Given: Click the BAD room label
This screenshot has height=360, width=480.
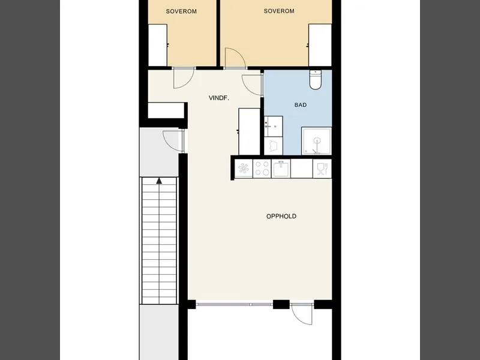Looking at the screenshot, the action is point(301,105).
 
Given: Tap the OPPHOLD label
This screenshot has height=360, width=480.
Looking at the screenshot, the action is point(281,216).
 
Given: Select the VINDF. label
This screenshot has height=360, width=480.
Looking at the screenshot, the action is point(219,98).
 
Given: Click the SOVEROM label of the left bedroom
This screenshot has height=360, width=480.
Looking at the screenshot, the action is point(181,11).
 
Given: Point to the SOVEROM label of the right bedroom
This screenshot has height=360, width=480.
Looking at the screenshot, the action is point(279,11).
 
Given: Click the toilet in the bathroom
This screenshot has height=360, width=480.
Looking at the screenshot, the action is point(315,80).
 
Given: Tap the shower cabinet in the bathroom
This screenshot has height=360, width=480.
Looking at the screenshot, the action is point(317,141).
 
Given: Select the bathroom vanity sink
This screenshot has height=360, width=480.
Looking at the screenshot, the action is point(274,126).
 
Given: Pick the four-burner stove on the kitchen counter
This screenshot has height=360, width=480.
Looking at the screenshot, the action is point(262,169).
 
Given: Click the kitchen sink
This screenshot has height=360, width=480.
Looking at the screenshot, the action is point(281,169).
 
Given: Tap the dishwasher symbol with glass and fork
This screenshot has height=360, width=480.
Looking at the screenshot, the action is point(322,169).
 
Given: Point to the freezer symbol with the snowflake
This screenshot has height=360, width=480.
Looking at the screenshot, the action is point(244,169).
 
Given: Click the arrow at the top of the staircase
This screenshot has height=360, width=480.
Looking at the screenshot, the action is point(159,181).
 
